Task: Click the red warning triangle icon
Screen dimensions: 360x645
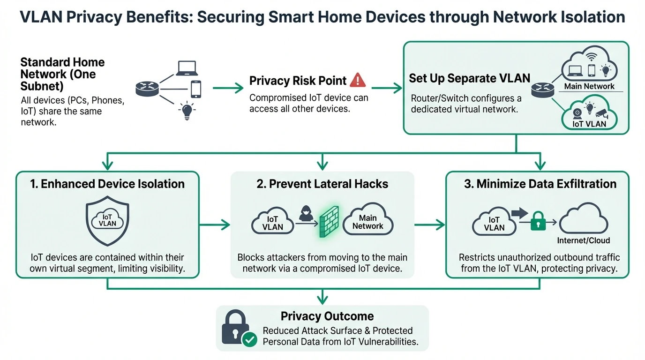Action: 358,80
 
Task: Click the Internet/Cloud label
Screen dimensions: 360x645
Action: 583,240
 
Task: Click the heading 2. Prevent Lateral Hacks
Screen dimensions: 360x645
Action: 322,184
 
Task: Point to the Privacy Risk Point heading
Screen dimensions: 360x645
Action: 298,80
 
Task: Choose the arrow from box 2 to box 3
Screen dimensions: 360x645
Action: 430,225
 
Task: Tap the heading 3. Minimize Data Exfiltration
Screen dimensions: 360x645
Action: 540,184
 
